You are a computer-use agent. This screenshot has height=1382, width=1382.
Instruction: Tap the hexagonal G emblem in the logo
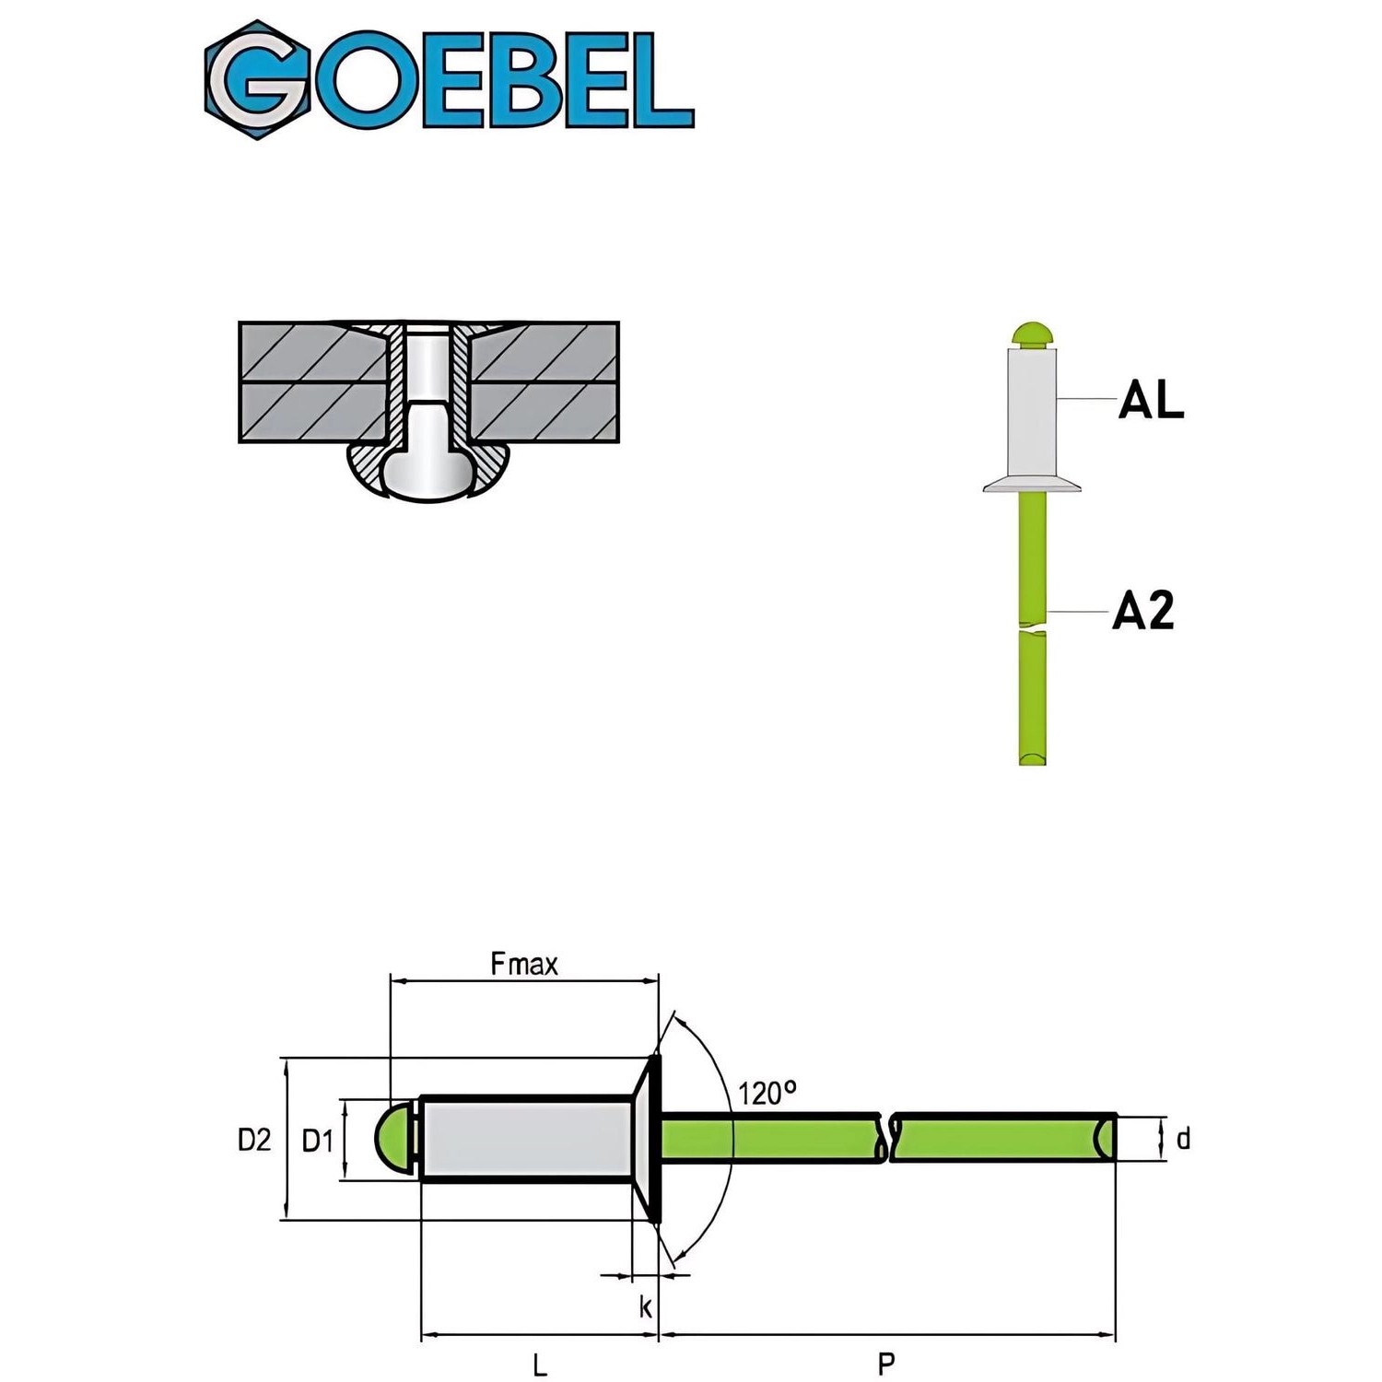pyautogui.click(x=256, y=80)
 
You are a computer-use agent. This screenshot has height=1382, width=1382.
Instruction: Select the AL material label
pyautogui.click(x=1151, y=401)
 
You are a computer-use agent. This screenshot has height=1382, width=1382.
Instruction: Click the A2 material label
pyautogui.click(x=1143, y=611)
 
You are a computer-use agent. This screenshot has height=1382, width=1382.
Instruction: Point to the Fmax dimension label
pyautogui.click(x=524, y=965)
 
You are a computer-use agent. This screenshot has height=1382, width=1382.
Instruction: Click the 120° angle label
pyautogui.click(x=767, y=1093)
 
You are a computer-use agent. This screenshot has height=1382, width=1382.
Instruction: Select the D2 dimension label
pyautogui.click(x=254, y=1140)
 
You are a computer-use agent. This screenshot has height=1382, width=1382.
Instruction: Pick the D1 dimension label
pyautogui.click(x=318, y=1141)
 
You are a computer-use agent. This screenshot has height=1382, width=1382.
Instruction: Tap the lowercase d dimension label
pyautogui.click(x=1183, y=1140)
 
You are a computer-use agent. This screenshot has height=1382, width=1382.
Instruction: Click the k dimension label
pyautogui.click(x=645, y=1306)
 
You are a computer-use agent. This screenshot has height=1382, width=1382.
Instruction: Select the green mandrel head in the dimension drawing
pyautogui.click(x=394, y=1139)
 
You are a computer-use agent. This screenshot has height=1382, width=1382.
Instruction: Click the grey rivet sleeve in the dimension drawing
pyautogui.click(x=525, y=1139)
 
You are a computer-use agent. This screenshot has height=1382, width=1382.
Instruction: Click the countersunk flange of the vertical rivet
pyautogui.click(x=1032, y=484)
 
